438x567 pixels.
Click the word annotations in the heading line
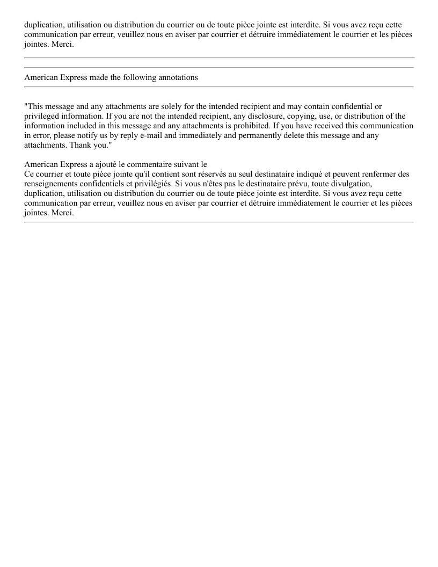(x=176, y=77)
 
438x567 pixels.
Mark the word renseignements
(x=48, y=184)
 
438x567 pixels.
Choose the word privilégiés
(x=140, y=184)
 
